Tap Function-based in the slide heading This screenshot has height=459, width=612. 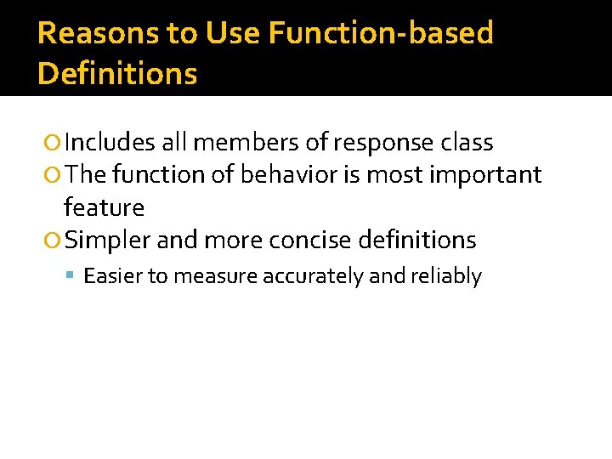[381, 33]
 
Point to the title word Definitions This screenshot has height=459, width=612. [117, 74]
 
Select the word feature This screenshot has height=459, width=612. [104, 207]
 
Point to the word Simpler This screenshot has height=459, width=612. [108, 241]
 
